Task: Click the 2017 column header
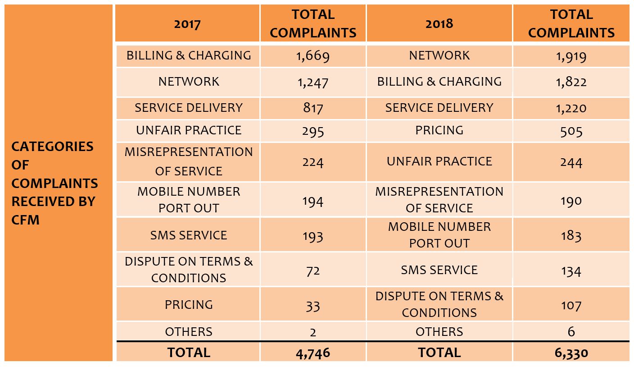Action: (187, 24)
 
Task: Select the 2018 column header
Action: (439, 24)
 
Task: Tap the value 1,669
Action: (313, 56)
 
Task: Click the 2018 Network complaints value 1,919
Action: (571, 56)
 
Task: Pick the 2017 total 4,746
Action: (313, 353)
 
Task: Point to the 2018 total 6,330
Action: (571, 353)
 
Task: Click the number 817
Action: (313, 108)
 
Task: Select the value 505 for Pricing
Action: (571, 131)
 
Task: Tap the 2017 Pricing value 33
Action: (313, 306)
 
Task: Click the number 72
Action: (313, 271)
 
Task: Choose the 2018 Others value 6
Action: (571, 332)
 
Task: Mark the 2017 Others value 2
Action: (313, 332)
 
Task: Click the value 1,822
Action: (571, 83)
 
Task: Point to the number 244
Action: (571, 162)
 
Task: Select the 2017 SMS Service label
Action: (189, 235)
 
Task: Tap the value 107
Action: (571, 305)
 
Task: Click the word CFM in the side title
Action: (25, 220)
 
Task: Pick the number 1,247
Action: (313, 83)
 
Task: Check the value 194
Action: (313, 201)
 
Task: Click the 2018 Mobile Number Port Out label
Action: (439, 234)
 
